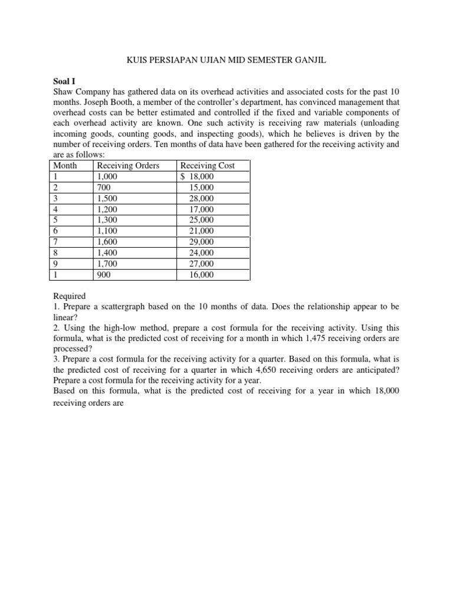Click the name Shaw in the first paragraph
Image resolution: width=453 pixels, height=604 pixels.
pos(64,92)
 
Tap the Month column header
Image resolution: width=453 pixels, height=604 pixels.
pos(65,166)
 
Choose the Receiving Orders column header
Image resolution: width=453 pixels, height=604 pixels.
pos(128,166)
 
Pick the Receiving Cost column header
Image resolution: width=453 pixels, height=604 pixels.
pos(208,166)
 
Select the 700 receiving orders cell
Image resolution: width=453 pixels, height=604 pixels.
pos(104,188)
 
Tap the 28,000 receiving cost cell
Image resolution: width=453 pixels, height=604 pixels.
pos(202,199)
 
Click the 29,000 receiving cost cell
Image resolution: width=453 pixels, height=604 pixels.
pos(202,242)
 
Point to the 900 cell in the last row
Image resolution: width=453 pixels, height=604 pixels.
pos(104,275)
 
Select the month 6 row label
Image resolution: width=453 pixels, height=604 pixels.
pos(55,231)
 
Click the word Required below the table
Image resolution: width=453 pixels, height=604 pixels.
pos(69,296)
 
